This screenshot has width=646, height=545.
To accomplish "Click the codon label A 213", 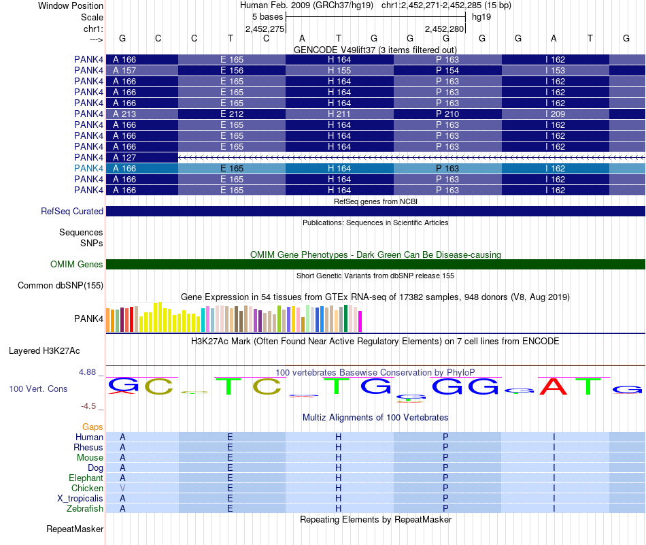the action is click(124, 114).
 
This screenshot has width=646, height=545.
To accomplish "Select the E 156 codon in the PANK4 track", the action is click(231, 71).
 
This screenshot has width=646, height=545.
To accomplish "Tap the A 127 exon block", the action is click(142, 157).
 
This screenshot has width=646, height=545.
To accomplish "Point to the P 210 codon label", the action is click(447, 114).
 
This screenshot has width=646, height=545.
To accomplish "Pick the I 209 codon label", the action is click(556, 114).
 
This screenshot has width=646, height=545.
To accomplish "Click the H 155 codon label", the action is click(339, 71).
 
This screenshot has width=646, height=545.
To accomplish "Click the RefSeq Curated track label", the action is click(72, 211).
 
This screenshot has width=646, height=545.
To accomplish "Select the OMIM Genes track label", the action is click(77, 264).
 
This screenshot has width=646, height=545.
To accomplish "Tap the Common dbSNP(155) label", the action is click(61, 285).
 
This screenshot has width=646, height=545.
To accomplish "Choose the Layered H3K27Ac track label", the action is click(44, 351).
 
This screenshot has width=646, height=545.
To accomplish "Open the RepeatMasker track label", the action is click(75, 529).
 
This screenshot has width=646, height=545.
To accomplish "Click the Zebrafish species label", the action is click(85, 509).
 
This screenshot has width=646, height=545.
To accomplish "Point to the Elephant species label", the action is click(86, 478).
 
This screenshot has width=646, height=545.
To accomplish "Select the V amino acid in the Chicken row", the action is click(122, 488).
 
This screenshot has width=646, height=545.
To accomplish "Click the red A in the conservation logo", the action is click(554, 386).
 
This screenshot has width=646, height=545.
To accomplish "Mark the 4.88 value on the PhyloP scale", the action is click(87, 372).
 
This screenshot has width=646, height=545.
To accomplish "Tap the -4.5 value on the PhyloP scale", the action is click(88, 406).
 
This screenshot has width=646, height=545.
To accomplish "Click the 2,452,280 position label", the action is click(445, 29).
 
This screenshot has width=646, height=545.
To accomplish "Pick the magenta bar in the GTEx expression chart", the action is click(360, 321).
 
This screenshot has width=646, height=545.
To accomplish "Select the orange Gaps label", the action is click(92, 427).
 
